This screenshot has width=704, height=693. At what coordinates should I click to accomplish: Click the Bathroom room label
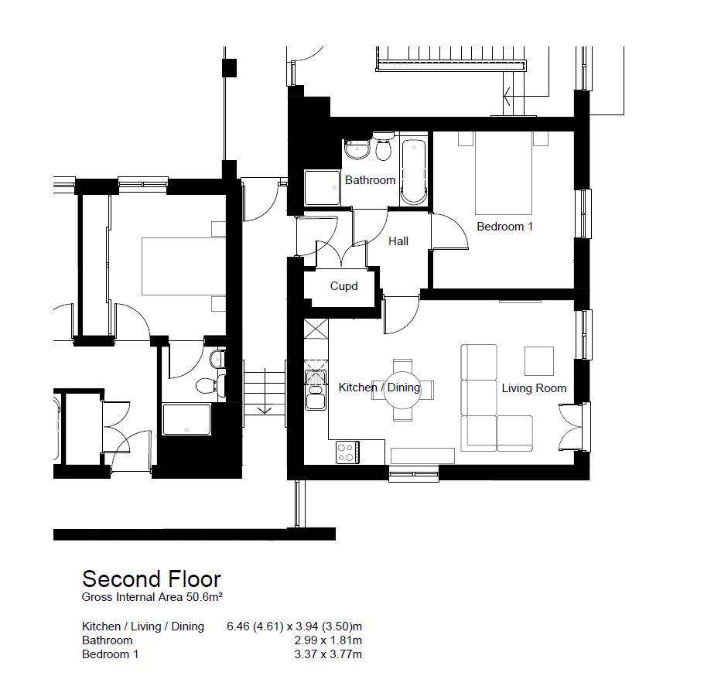tap(370, 180)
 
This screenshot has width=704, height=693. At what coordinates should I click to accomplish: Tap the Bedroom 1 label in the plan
tap(504, 226)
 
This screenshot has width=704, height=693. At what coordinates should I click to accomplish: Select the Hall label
tap(398, 241)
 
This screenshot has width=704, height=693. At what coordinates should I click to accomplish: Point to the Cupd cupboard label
tap(343, 286)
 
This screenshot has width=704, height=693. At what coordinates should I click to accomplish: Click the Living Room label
tap(534, 387)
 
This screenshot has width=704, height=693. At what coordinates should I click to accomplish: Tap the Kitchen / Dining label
tap(379, 387)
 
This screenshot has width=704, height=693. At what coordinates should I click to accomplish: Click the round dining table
tap(403, 390)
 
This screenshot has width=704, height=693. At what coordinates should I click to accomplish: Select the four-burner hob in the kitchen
tap(347, 452)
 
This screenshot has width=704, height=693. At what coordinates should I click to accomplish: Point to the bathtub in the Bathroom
tap(413, 172)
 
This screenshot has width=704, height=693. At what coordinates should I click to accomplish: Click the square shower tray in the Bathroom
tap(322, 188)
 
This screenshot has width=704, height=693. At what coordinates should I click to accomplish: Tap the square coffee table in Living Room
tap(538, 361)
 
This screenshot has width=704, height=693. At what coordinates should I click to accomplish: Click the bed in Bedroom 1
tap(504, 172)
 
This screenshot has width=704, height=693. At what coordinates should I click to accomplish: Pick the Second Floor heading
tap(152, 579)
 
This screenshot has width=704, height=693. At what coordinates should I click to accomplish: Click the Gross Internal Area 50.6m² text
tap(152, 597)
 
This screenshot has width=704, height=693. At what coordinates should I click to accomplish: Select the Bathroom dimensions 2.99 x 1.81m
tap(328, 640)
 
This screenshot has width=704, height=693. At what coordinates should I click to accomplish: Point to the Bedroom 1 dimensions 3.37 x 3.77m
tap(328, 654)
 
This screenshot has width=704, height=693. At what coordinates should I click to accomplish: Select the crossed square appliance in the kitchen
tap(316, 329)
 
